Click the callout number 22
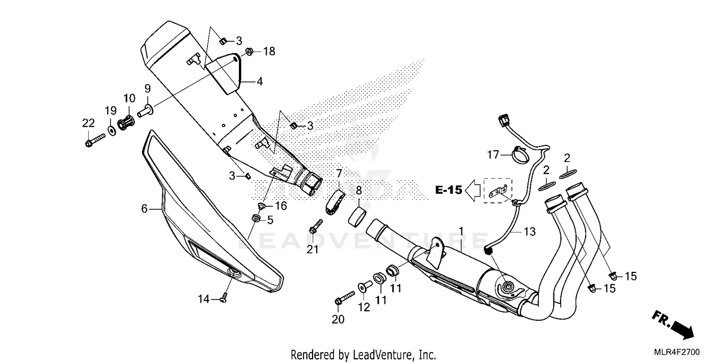click(88, 123)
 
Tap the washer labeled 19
click(111, 130)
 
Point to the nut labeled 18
click(248, 51)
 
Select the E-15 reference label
click(448, 190)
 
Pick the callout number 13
click(530, 232)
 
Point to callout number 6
click(144, 209)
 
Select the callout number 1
click(461, 230)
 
